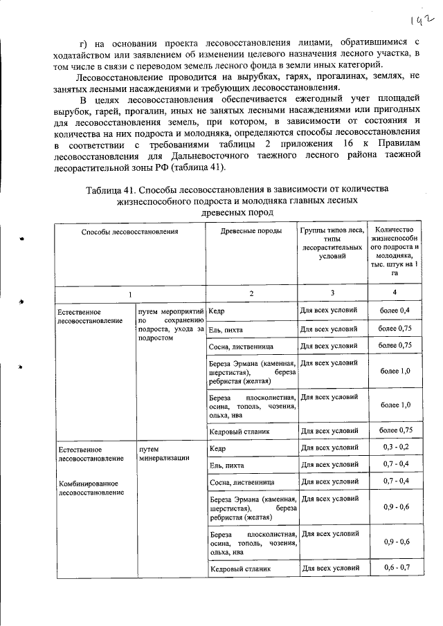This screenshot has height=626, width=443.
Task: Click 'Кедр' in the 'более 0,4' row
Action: pos(216,312)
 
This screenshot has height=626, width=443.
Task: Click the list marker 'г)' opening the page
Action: pos(84,33)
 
